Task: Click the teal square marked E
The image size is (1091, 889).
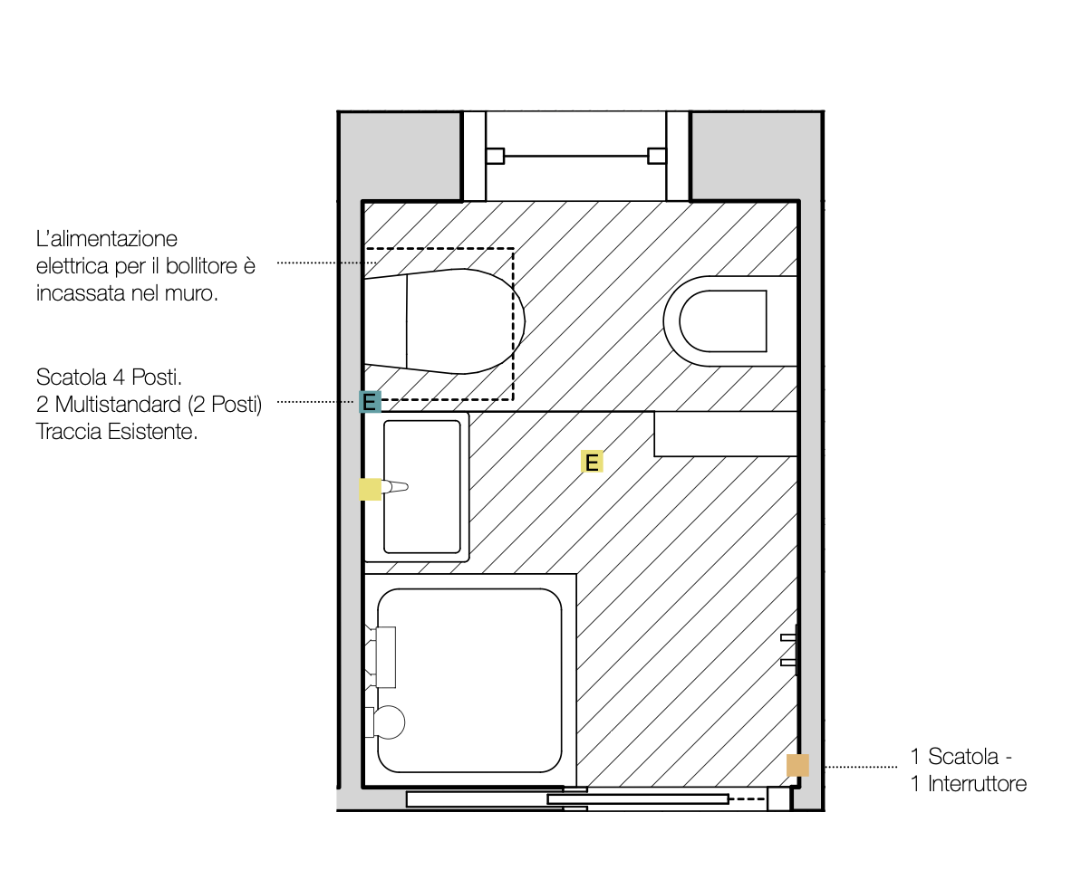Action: (370, 402)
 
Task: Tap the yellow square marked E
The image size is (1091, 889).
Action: (592, 461)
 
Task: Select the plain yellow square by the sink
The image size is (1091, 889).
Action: (370, 489)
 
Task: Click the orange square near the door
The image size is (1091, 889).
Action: (797, 765)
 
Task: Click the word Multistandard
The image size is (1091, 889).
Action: (118, 404)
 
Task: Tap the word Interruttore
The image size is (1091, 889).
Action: (977, 784)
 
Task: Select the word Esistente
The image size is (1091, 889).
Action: (152, 432)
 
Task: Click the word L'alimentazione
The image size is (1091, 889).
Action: (107, 239)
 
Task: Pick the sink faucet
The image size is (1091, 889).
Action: (394, 486)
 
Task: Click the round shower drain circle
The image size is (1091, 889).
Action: (389, 722)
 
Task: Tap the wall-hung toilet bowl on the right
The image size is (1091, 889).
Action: (730, 321)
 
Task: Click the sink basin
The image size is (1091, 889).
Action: (421, 486)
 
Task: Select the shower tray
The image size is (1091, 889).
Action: (469, 680)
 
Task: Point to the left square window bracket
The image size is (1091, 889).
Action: (495, 156)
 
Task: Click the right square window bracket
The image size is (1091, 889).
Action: (656, 156)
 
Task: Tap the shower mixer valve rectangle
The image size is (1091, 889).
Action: (386, 657)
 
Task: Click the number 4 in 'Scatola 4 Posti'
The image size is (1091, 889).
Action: (119, 377)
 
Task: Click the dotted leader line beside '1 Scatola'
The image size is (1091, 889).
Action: (860, 767)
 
